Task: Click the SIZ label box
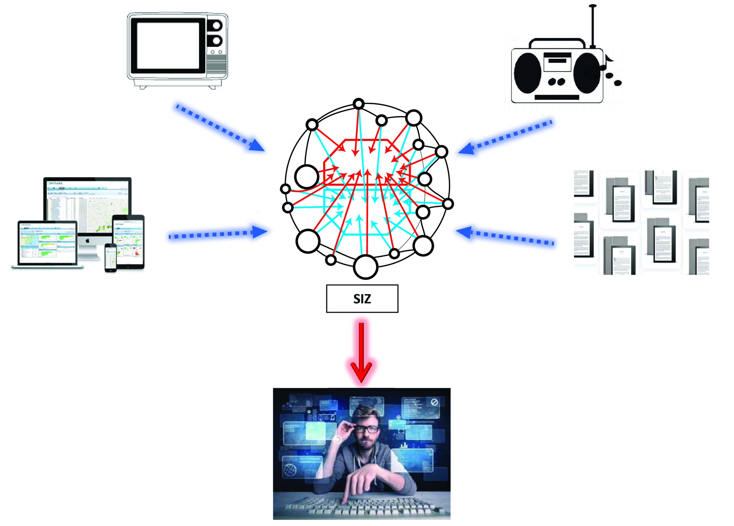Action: pos(362,299)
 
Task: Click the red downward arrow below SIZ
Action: pos(361,353)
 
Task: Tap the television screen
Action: pos(168,46)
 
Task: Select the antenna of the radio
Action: pos(593,26)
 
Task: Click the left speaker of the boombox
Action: pos(528,73)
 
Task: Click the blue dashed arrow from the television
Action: pos(220,128)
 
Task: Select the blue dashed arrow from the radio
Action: pos(505,138)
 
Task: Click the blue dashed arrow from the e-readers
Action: pos(505,236)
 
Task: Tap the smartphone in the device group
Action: pos(110,258)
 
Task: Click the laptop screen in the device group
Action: pos(48,242)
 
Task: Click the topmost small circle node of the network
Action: pos(359,104)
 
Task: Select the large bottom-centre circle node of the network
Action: pos(365,267)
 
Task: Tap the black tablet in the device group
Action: pos(128,241)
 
